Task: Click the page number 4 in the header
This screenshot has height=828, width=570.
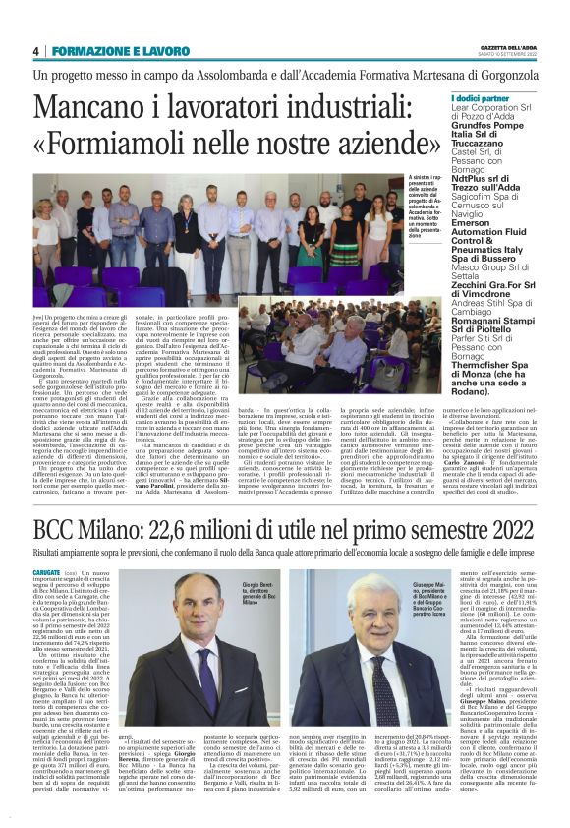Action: (35, 51)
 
